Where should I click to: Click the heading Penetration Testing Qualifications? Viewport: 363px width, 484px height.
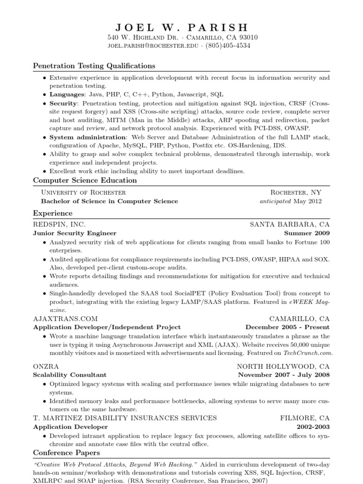(x=94, y=66)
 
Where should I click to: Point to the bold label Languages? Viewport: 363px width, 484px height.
(x=66, y=95)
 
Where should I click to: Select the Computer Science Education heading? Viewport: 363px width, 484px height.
(x=85, y=180)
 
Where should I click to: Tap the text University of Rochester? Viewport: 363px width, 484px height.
(x=84, y=192)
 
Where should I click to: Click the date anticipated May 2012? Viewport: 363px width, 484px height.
(x=291, y=201)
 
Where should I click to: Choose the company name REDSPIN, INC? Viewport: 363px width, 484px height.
(x=60, y=225)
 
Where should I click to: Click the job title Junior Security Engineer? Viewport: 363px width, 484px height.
(x=75, y=233)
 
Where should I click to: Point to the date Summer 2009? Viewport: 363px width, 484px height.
(x=307, y=233)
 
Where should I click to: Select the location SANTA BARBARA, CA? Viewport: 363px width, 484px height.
(x=290, y=225)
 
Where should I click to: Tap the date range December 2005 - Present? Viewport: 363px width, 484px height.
(x=287, y=327)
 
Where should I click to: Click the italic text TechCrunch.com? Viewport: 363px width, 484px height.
(x=308, y=353)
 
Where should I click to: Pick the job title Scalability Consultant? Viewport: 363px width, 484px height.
(x=69, y=375)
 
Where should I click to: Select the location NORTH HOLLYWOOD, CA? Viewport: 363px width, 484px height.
(x=283, y=366)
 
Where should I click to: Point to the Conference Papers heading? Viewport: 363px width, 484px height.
(x=64, y=452)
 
